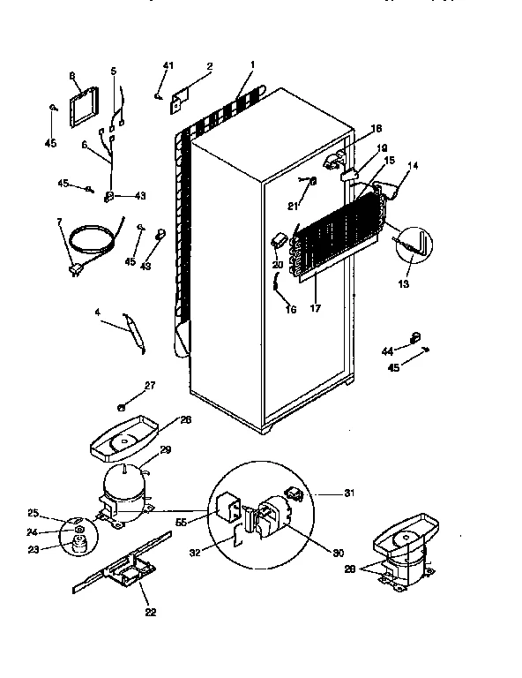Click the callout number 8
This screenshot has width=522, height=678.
pyautogui.click(x=74, y=77)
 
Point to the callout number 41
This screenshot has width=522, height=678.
pyautogui.click(x=168, y=67)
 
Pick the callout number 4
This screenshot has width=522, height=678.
pyautogui.click(x=98, y=313)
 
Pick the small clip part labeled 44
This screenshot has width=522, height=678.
pyautogui.click(x=414, y=336)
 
